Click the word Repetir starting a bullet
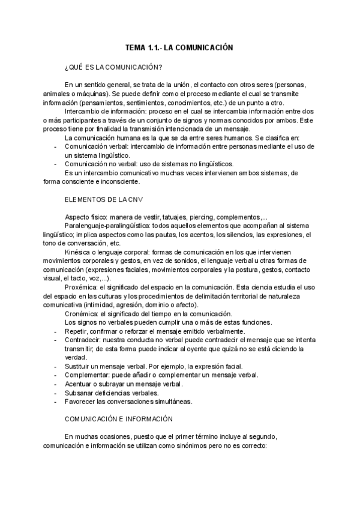pos(76,331)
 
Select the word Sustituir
pos(77,366)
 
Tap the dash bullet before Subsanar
pos(56,393)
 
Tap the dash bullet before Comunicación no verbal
pos(56,164)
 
